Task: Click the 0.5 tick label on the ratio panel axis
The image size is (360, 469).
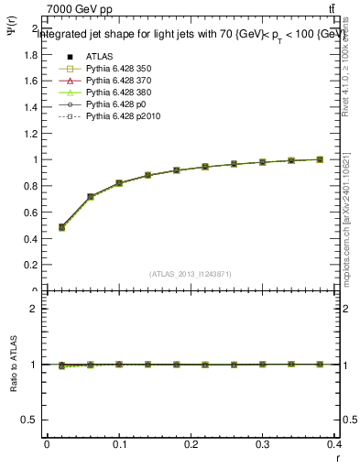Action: click(x=29, y=420)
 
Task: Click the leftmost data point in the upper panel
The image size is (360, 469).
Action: click(x=61, y=227)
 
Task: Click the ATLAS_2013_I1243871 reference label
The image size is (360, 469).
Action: click(x=191, y=274)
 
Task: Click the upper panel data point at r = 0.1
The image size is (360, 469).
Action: click(x=119, y=183)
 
